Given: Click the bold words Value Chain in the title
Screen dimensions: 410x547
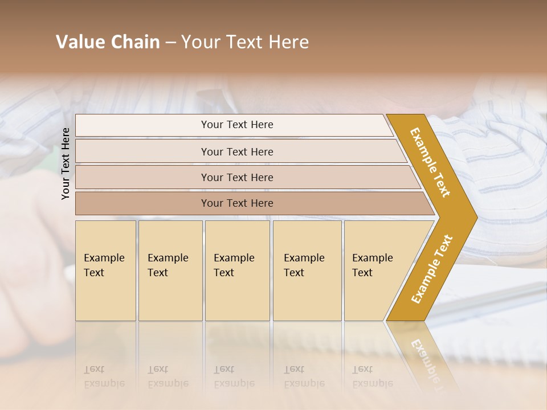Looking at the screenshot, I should point(108,42).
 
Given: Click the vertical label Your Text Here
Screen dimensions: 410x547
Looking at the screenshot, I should point(66,163).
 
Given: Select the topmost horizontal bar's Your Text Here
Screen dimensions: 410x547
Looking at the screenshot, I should point(237,125).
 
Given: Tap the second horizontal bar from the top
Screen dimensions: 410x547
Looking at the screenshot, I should point(237,151).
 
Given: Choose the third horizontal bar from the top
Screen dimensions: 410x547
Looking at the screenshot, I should point(237,177).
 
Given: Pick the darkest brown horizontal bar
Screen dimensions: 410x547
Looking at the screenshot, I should point(237,203).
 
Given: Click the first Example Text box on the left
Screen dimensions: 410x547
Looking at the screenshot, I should point(105,270).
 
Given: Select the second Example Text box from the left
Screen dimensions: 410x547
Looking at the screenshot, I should point(170,270).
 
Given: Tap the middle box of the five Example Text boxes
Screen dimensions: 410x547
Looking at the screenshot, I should point(236,270).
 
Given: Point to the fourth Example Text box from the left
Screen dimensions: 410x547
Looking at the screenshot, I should point(307,270).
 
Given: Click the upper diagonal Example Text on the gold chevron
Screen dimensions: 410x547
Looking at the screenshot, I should point(430,162).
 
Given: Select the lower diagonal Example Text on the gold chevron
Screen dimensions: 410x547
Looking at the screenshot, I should point(432,269).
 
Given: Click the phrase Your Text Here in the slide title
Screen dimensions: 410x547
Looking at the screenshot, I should point(245,42).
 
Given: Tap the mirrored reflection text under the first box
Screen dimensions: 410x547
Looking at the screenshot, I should point(104,376).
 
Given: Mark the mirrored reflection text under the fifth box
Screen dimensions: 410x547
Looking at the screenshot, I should point(373,376).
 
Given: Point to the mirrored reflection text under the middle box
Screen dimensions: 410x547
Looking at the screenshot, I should point(234,376).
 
